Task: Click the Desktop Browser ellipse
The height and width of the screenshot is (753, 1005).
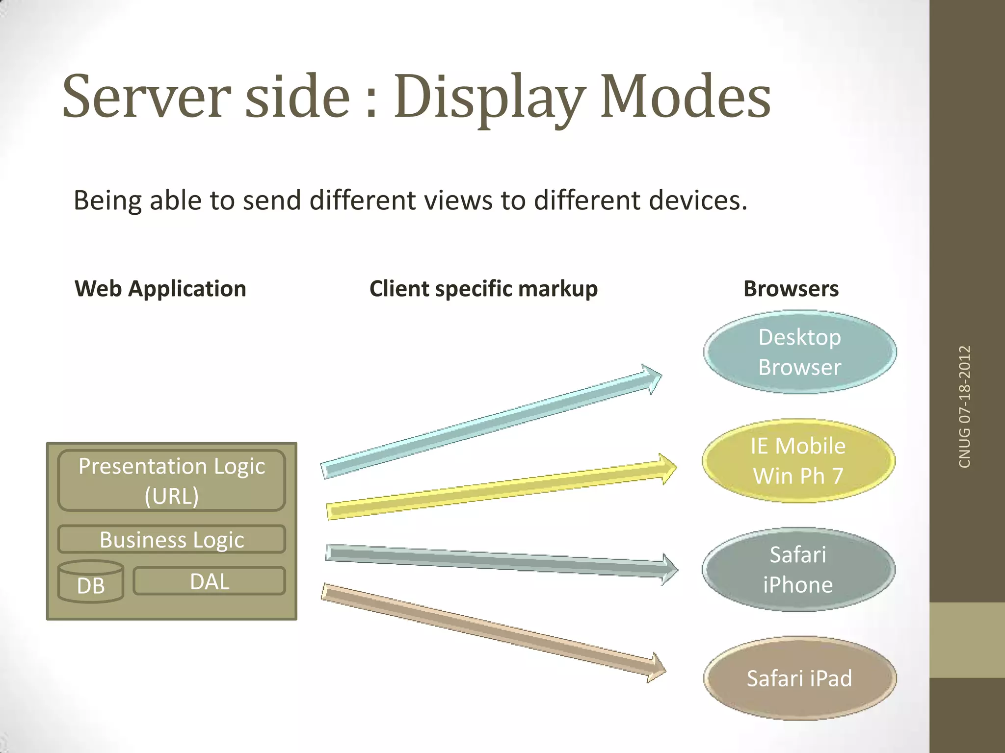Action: point(800,352)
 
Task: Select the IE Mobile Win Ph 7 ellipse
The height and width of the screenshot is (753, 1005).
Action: point(798,461)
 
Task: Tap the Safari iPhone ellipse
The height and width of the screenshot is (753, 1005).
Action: point(798,570)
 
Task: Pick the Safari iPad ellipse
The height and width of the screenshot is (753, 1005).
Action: point(800,678)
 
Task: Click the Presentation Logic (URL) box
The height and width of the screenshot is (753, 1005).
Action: point(172,480)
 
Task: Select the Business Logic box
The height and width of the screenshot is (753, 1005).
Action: point(172,540)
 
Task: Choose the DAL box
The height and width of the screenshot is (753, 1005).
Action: point(210,581)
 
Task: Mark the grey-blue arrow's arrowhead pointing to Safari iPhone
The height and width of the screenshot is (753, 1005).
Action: point(669,569)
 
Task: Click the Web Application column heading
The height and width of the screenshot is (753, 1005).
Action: point(160,289)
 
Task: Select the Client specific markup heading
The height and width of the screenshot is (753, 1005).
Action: point(483,289)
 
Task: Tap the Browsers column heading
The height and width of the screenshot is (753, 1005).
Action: point(791,289)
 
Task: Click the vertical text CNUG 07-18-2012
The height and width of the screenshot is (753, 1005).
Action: point(965,406)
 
